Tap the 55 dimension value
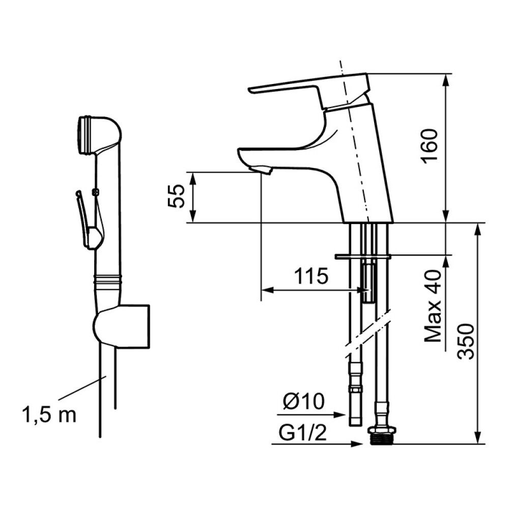click(x=177, y=196)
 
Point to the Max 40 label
click(x=434, y=306)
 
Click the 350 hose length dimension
click(x=466, y=342)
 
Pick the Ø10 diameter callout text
click(x=304, y=401)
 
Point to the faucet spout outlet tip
click(x=260, y=170)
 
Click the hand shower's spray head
click(x=97, y=134)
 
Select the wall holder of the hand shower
click(x=122, y=326)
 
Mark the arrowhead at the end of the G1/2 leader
click(x=357, y=444)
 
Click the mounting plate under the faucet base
click(x=362, y=257)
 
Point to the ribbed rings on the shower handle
click(x=108, y=279)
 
